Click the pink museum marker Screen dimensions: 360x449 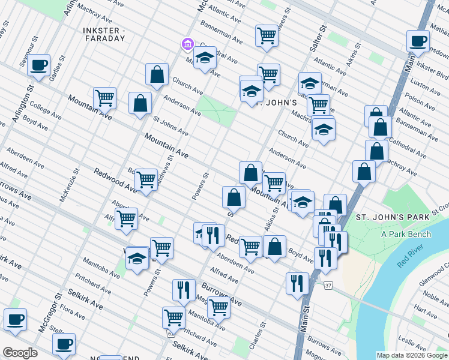pos(187,44)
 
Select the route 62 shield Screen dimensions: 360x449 pos(171,332)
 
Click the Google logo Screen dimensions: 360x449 pos(20,353)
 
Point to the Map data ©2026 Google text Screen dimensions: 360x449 pos(412,355)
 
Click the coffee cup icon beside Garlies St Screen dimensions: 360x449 pos(39,65)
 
